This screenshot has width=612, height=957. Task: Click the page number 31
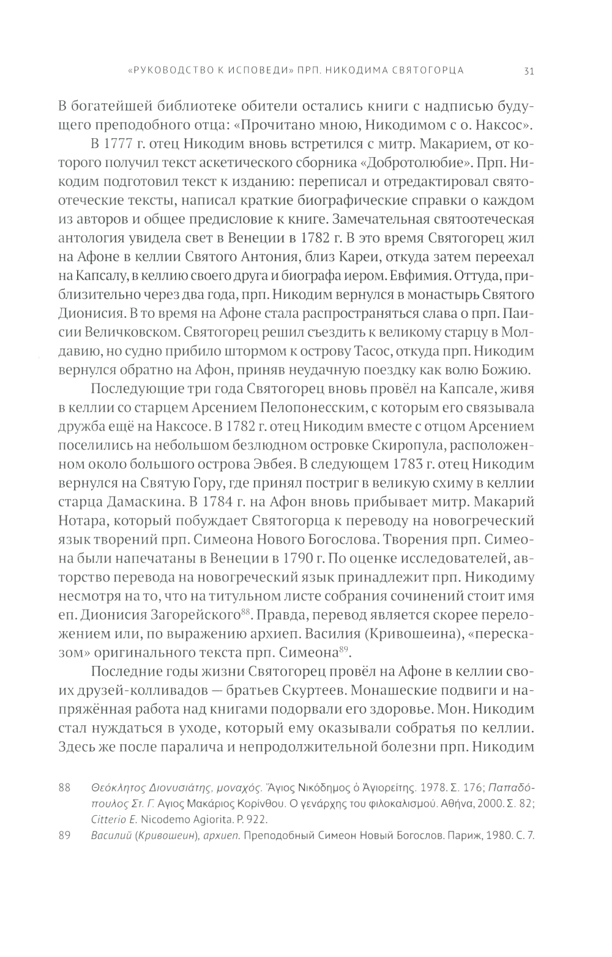[x=530, y=70]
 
